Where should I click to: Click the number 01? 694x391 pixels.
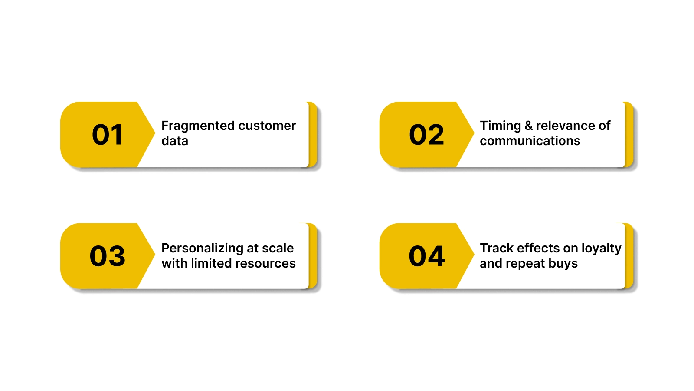click(x=107, y=135)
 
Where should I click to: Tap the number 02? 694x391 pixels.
click(x=426, y=135)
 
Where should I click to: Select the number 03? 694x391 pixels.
click(x=107, y=256)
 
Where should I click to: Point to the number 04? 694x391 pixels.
click(x=426, y=256)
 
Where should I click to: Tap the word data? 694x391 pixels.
click(x=175, y=141)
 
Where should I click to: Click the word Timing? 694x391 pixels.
click(x=500, y=126)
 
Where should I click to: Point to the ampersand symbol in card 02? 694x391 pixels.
click(x=528, y=126)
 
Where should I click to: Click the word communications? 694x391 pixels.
click(x=530, y=141)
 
